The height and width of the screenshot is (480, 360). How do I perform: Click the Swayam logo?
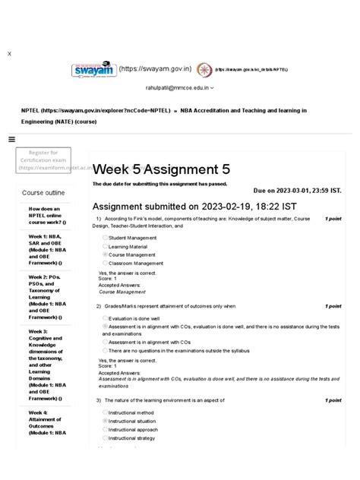point(93,69)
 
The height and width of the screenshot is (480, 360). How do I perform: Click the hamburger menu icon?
point(11,139)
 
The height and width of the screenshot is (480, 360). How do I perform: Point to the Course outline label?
point(43,193)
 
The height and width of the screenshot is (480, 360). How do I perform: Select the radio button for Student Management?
point(105,238)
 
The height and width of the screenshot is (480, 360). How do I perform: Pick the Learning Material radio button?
point(105,246)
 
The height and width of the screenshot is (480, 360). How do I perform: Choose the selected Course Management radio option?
point(105,254)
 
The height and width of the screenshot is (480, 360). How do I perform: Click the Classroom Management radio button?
point(105,263)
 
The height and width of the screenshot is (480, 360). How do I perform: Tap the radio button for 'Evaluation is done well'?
point(105,318)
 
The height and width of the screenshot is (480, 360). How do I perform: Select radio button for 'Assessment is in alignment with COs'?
point(105,342)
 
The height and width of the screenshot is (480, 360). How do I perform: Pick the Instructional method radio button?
point(105,412)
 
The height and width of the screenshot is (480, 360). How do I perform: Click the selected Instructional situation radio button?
point(105,420)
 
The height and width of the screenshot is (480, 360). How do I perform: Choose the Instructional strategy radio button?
point(105,437)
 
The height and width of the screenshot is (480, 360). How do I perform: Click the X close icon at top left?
point(9,54)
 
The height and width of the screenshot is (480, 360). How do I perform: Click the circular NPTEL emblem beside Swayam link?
point(203,69)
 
